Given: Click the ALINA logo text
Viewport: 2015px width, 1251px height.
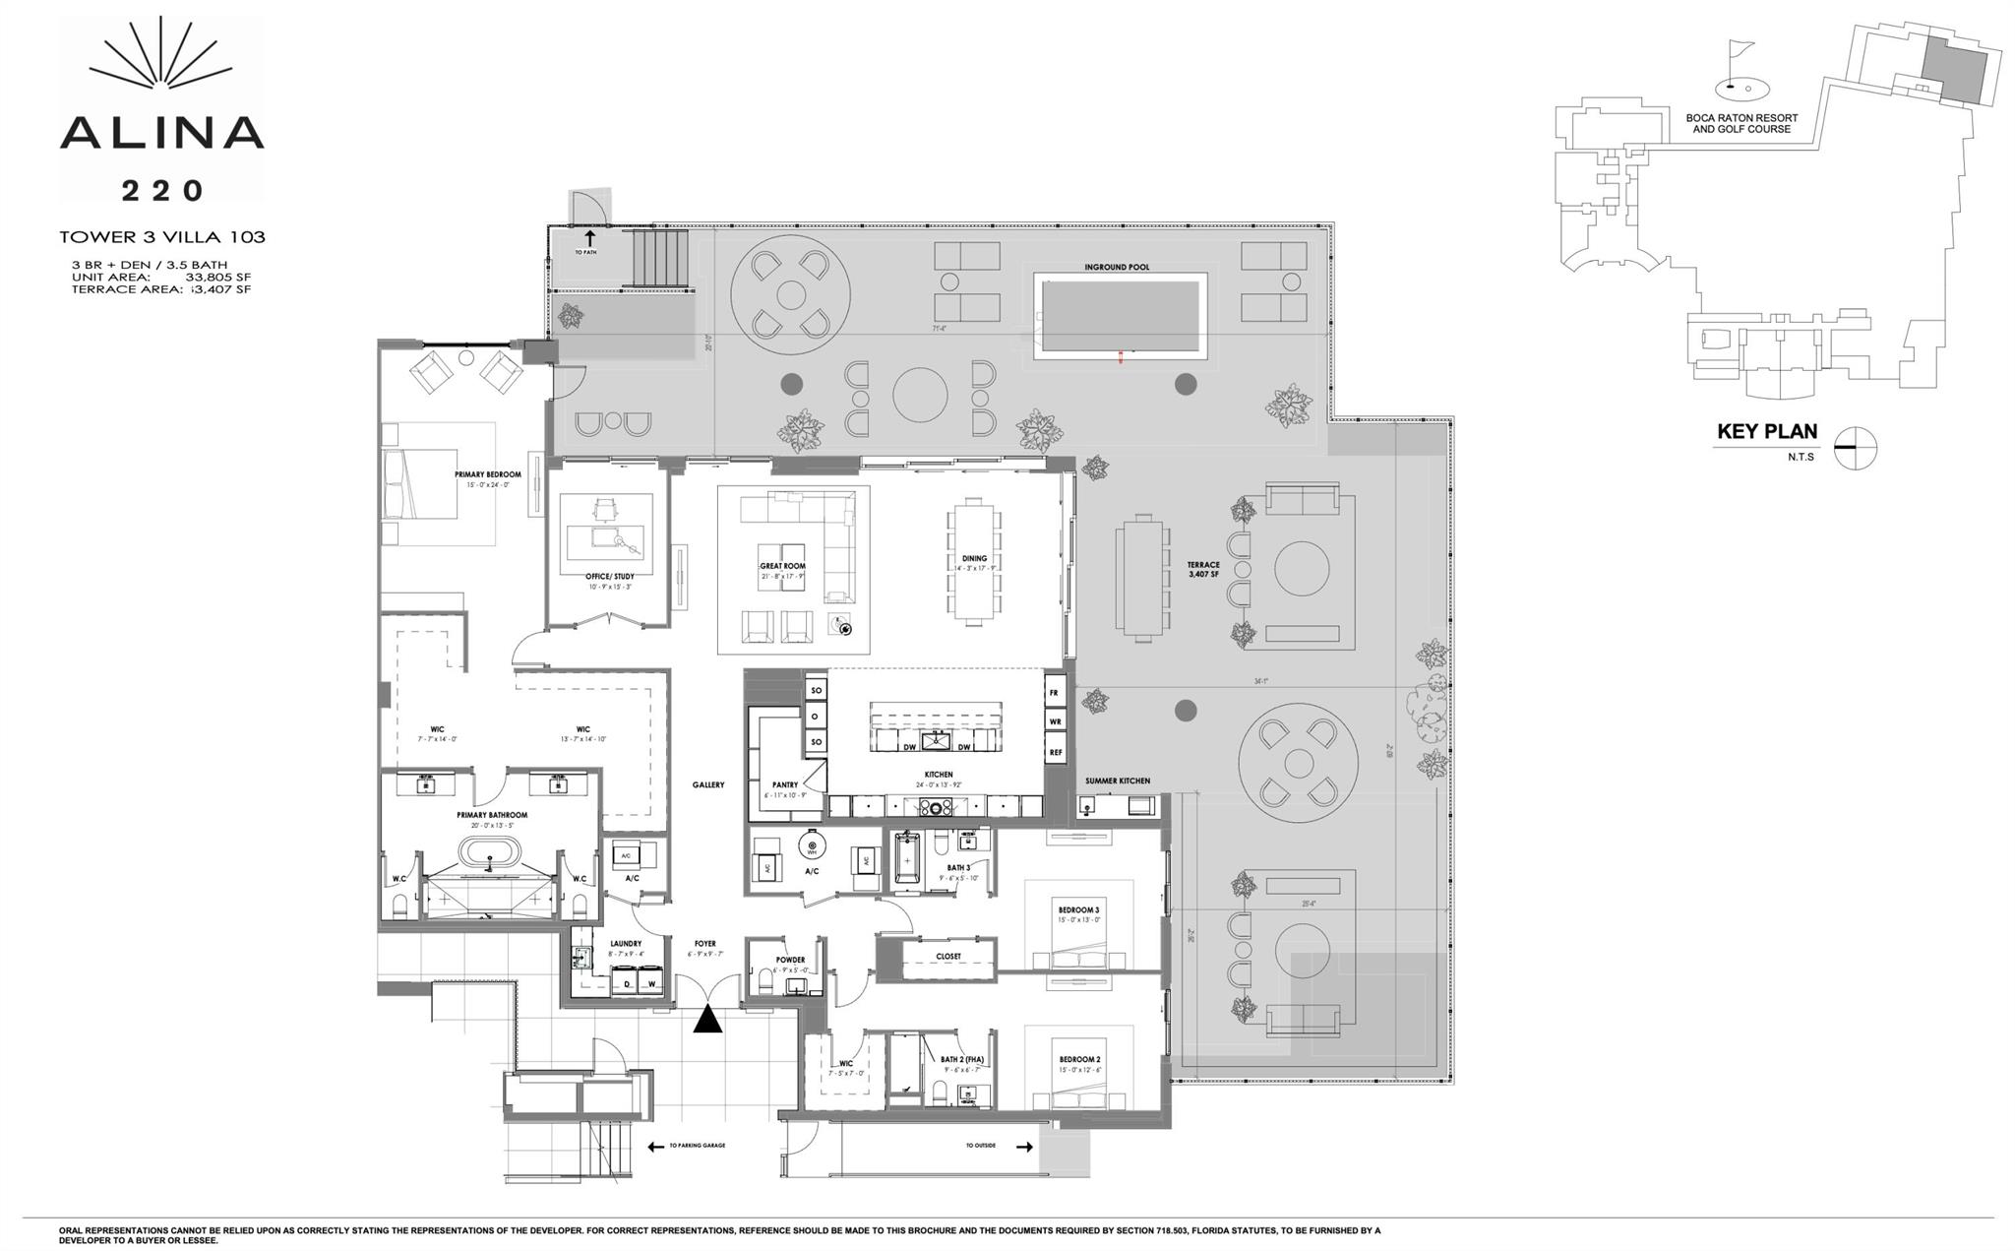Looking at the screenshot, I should [x=161, y=132].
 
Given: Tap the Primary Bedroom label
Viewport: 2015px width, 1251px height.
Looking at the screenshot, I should [x=487, y=474].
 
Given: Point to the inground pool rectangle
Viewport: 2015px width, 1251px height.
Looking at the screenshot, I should [x=1121, y=316].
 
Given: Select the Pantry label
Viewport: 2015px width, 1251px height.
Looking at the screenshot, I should [x=784, y=784].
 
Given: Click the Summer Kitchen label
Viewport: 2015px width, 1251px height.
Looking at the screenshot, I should [x=1117, y=781].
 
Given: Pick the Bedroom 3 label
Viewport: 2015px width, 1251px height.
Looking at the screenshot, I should [x=1078, y=909].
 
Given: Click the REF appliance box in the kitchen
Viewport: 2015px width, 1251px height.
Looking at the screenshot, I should [x=1056, y=752].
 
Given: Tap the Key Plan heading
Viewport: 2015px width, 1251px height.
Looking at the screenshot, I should [x=1767, y=431].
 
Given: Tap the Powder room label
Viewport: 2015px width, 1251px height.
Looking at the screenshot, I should [x=790, y=960].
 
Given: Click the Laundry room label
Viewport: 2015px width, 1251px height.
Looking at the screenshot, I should [x=626, y=944].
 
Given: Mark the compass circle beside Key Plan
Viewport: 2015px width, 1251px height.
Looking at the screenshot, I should [x=1856, y=448].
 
